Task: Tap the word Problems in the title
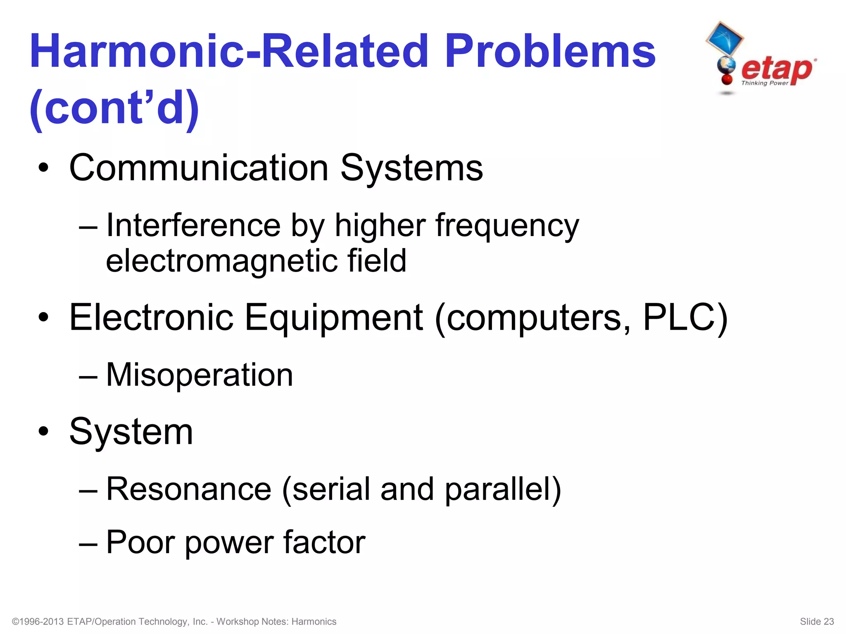coord(550,52)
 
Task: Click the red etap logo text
coord(777,69)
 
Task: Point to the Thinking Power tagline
coord(765,83)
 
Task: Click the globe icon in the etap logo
coord(726,66)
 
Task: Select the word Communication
coord(199,168)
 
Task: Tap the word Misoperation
coord(200,375)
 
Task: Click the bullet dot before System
coord(43,432)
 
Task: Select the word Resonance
coord(189,489)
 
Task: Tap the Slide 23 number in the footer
coord(817,622)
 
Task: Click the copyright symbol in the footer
coord(16,622)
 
